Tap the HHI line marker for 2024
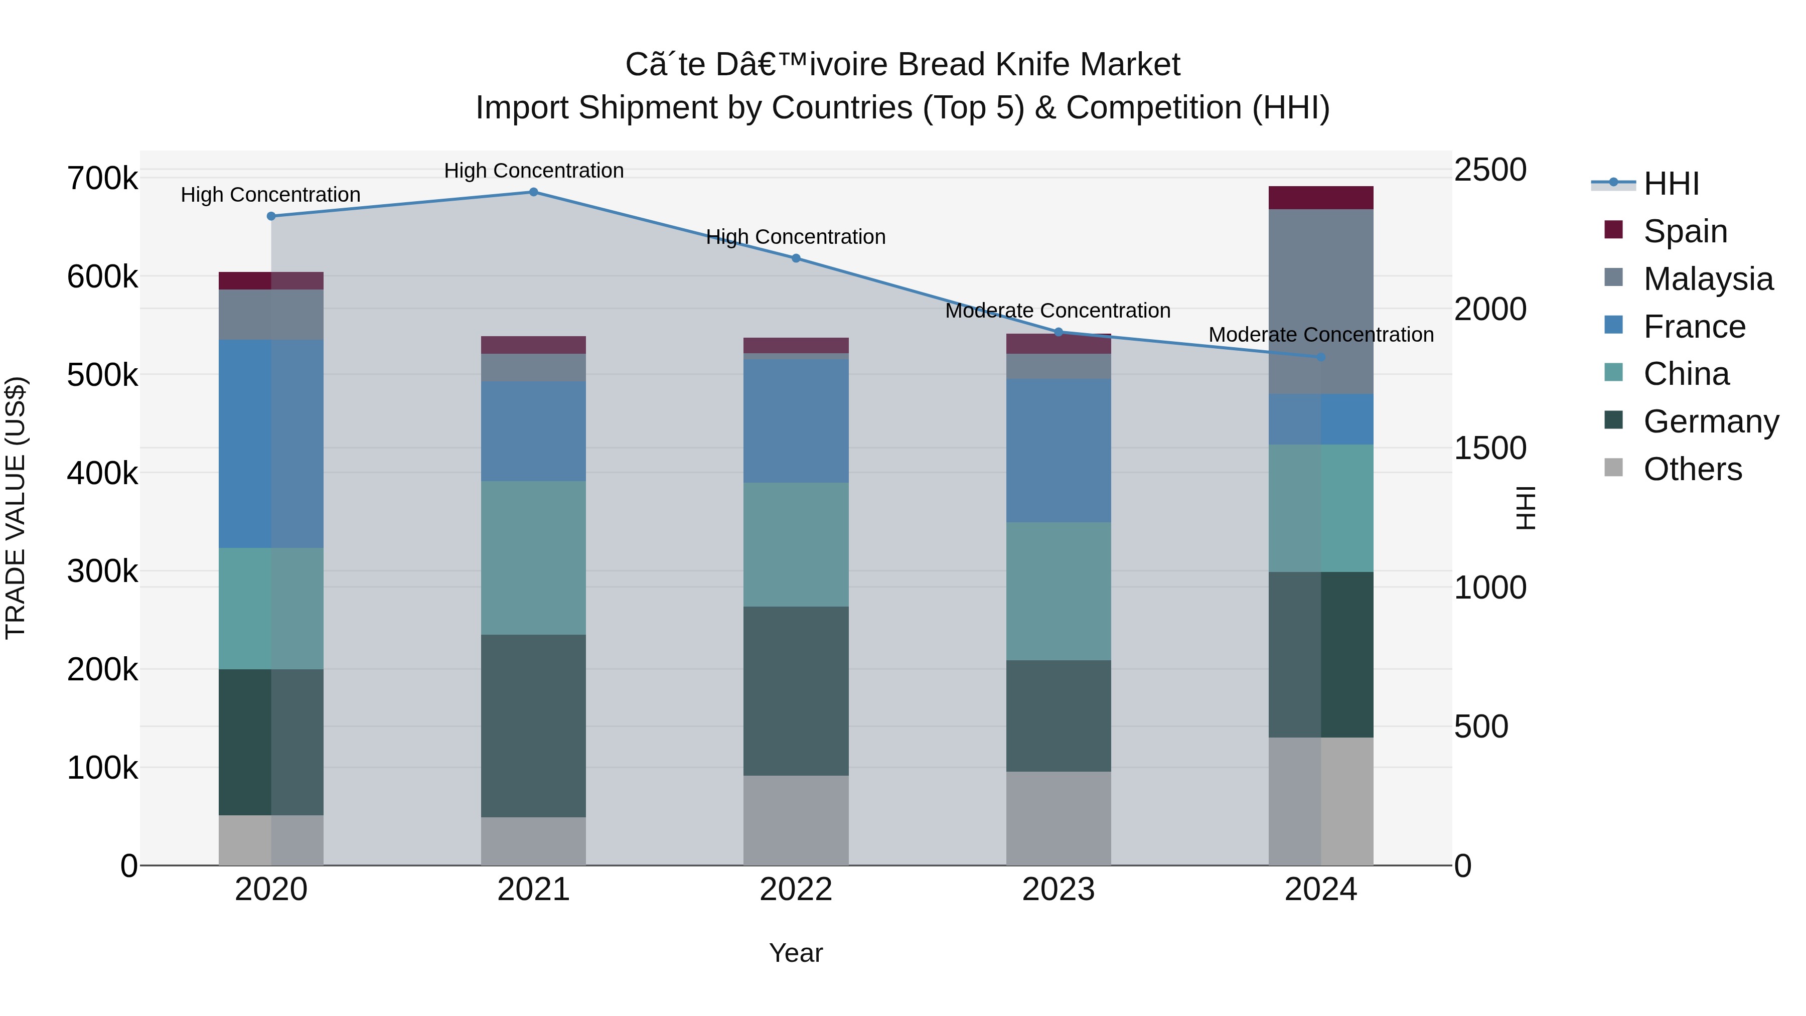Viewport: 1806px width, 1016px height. click(x=1321, y=358)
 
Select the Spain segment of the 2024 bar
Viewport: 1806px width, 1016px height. click(x=1321, y=198)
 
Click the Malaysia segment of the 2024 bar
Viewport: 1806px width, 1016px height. click(x=1321, y=302)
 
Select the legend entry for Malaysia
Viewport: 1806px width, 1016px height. click(x=1707, y=279)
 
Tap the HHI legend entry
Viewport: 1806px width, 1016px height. click(x=1671, y=184)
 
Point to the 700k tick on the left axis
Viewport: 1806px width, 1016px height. click(x=102, y=179)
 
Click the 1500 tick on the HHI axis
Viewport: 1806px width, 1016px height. click(x=1490, y=448)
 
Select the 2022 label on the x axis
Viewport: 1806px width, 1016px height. click(x=796, y=889)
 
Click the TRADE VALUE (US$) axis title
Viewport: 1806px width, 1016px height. click(x=16, y=508)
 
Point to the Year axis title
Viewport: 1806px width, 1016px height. click(x=796, y=953)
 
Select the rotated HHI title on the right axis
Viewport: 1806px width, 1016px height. click(x=1526, y=508)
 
